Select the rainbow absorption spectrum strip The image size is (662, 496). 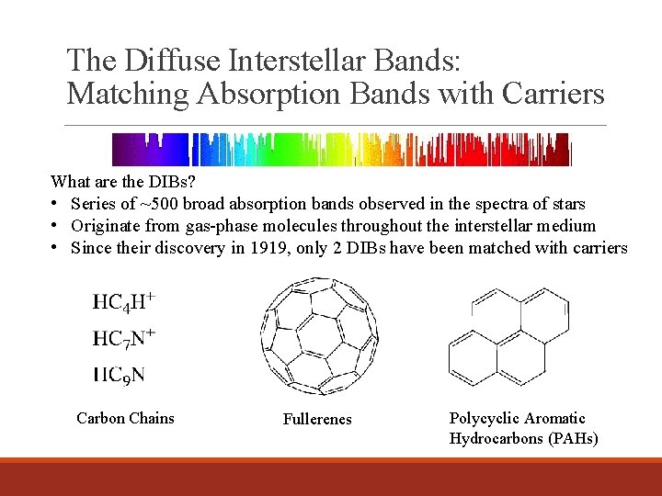click(341, 149)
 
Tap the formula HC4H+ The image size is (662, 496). click(123, 302)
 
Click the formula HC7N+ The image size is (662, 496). click(123, 338)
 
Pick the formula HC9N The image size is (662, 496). click(119, 374)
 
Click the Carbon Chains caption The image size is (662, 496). click(125, 418)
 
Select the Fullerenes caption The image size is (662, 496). click(317, 419)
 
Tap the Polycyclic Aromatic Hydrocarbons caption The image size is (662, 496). click(522, 428)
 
